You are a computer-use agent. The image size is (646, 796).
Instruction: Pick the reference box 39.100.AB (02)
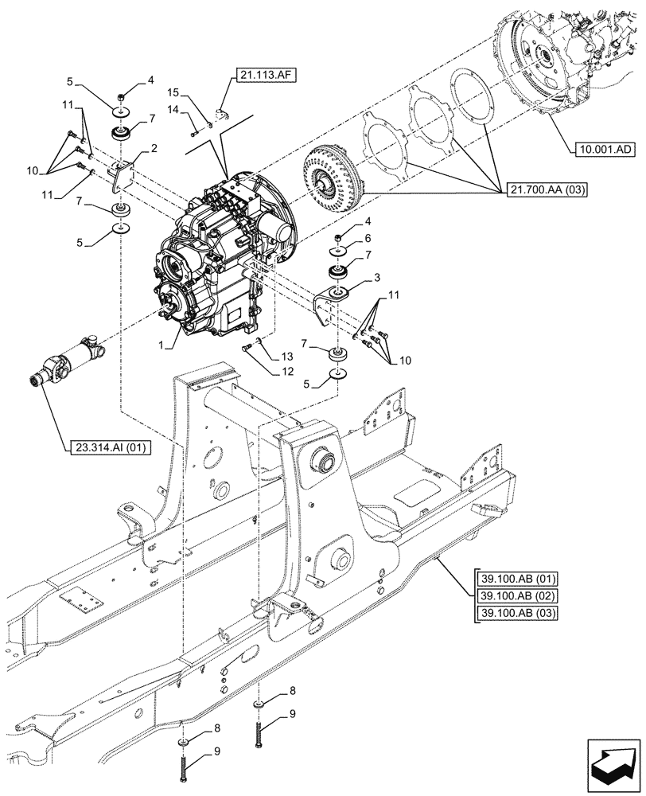(517, 595)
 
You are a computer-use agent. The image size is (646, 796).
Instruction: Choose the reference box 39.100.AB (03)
(517, 612)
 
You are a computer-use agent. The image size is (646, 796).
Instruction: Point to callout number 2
(154, 149)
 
